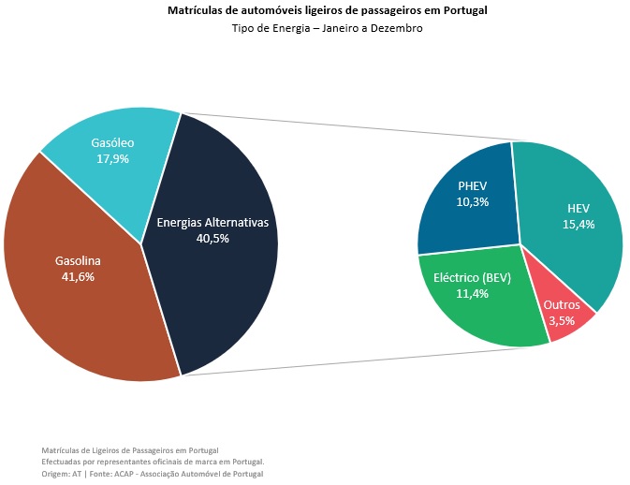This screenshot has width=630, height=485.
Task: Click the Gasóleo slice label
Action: tap(112, 143)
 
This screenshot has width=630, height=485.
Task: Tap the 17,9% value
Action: tap(112, 159)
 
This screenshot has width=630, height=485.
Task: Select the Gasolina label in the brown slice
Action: tap(78, 260)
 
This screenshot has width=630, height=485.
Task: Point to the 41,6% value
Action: tap(78, 276)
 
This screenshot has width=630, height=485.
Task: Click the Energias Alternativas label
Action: tap(212, 223)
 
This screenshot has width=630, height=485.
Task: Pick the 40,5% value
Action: tap(212, 239)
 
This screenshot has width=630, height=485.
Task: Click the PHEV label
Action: tap(473, 185)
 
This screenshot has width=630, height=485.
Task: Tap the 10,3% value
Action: tap(473, 201)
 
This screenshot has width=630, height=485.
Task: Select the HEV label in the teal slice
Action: tap(578, 209)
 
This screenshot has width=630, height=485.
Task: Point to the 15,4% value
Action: tap(578, 225)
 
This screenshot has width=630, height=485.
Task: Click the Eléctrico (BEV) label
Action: tap(471, 278)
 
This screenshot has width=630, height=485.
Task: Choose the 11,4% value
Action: tap(471, 294)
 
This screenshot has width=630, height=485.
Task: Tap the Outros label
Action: tap(561, 305)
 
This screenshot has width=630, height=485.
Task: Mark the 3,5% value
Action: tap(561, 320)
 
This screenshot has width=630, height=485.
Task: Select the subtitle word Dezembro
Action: tap(398, 29)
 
